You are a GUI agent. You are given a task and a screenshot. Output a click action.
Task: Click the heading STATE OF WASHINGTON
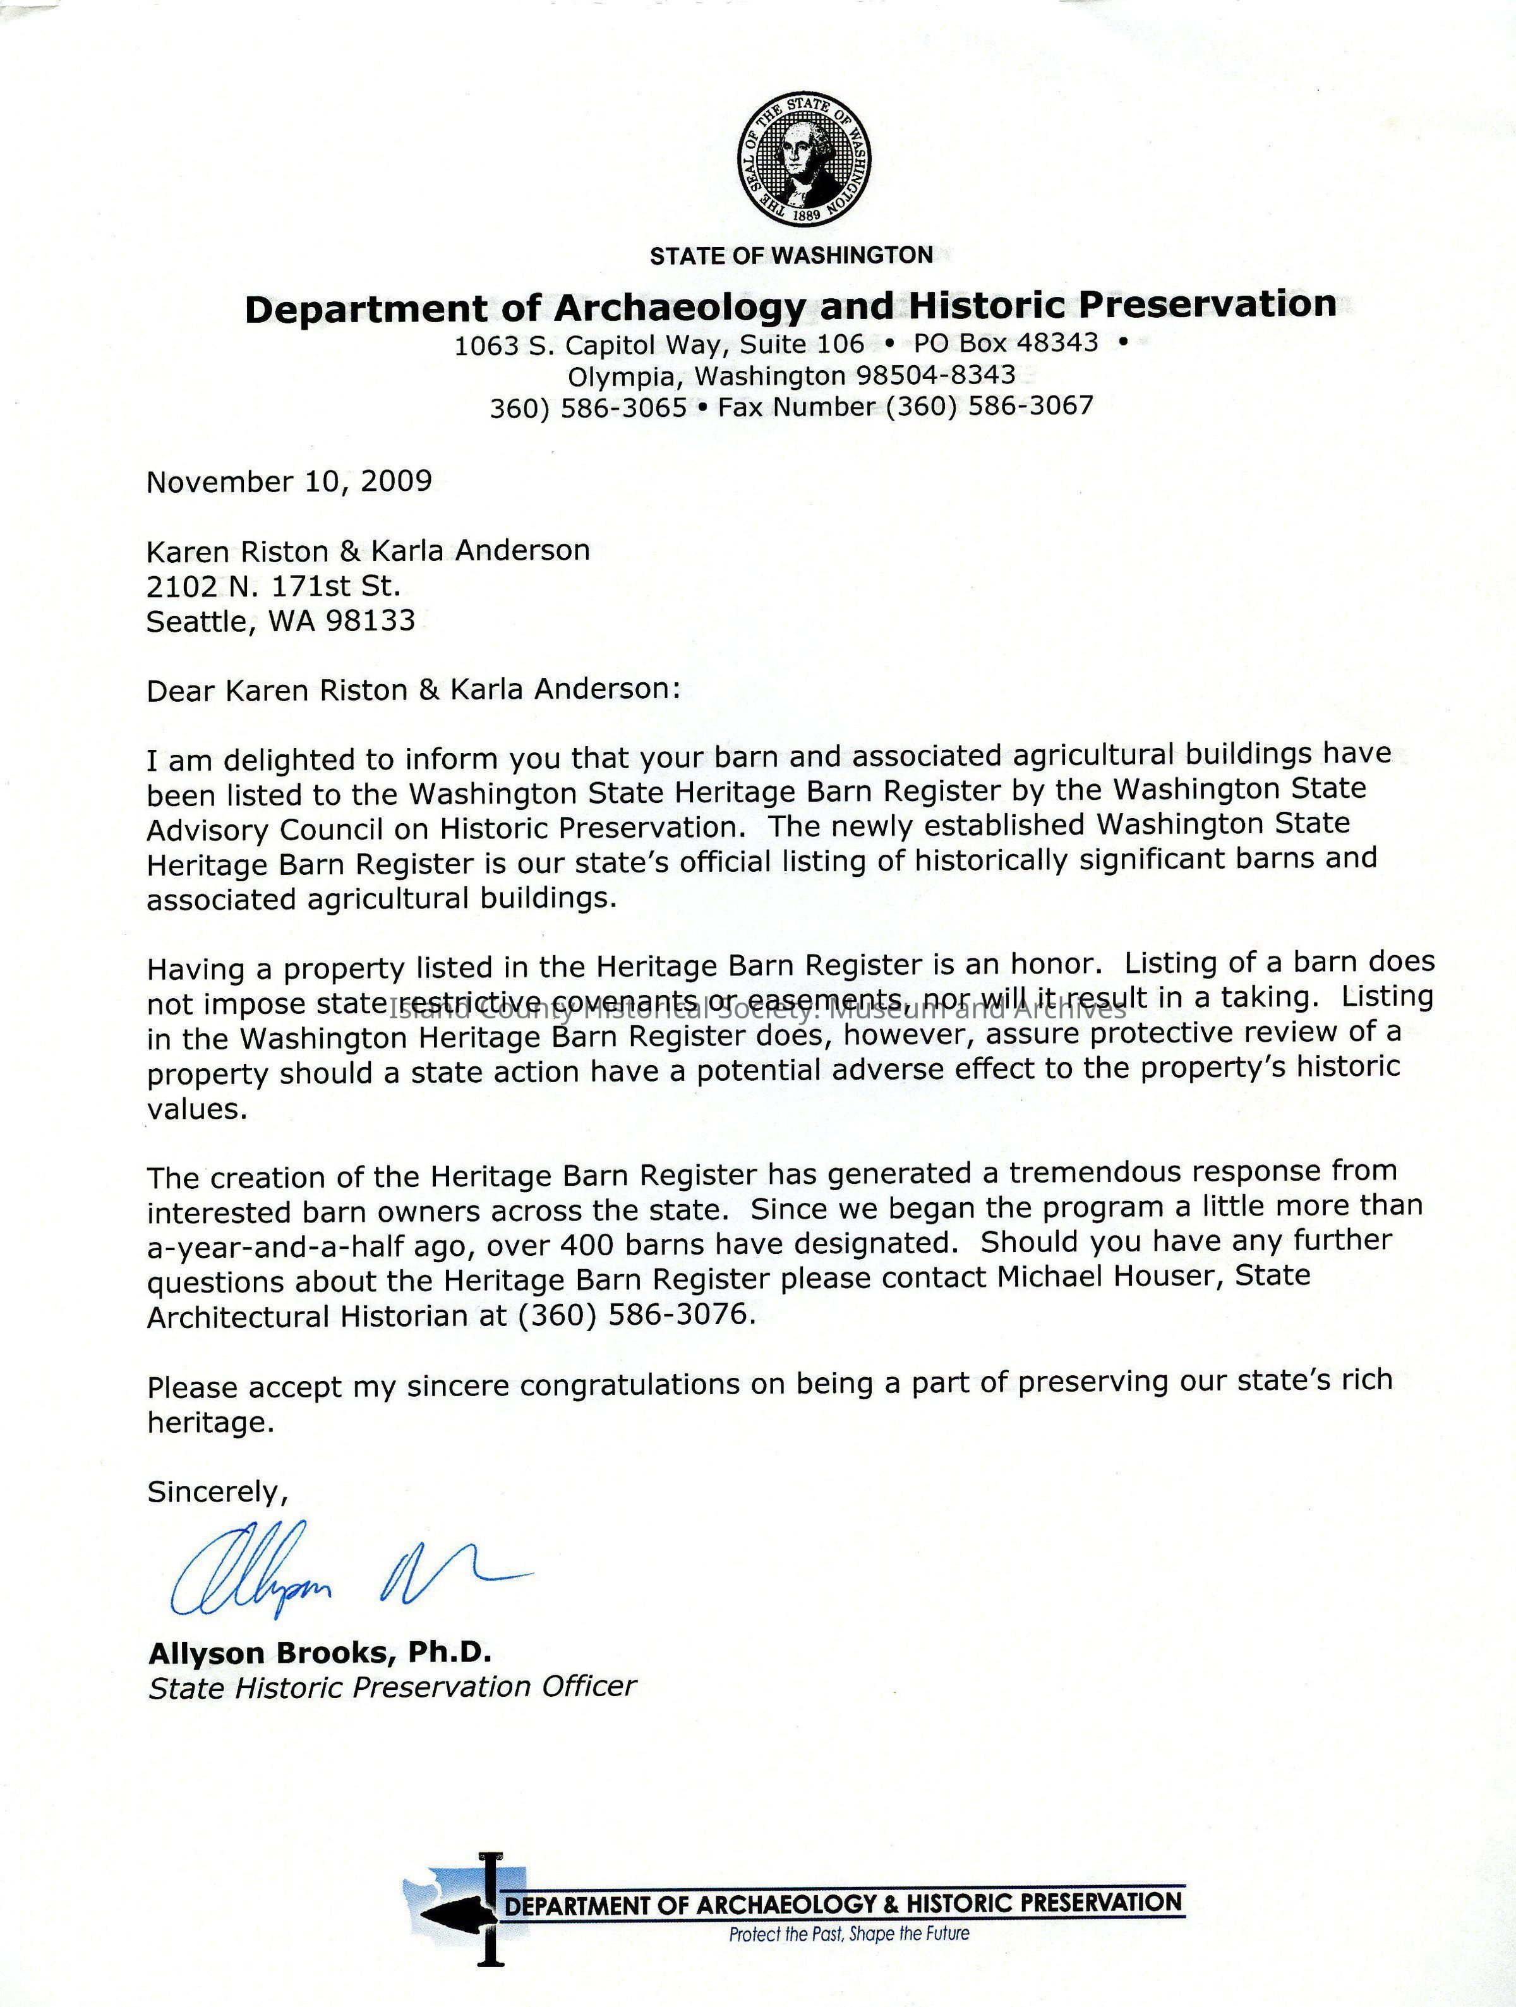[791, 256]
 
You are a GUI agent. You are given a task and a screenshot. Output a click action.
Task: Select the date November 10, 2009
[289, 481]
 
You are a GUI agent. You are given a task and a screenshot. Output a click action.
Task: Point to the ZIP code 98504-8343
[934, 375]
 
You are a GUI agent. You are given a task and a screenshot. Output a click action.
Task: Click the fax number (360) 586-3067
[990, 406]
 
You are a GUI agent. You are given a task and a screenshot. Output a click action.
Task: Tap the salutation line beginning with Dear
[413, 690]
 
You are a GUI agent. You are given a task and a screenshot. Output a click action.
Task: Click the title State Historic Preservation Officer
[392, 1687]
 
